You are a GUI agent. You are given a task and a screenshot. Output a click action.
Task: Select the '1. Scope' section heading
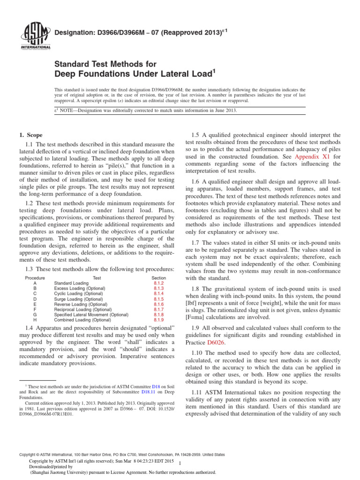(30, 135)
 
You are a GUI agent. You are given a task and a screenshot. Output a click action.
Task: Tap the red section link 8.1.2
(158, 284)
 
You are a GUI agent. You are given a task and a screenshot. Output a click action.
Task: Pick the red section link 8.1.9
(158, 320)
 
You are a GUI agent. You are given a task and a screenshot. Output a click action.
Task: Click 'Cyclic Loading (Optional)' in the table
(78, 294)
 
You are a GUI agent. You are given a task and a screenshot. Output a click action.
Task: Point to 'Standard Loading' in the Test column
(71, 284)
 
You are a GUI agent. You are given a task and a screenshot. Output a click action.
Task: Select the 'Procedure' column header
(35, 278)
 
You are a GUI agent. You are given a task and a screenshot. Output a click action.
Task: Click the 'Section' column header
(158, 278)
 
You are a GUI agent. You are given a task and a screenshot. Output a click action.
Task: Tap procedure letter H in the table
(35, 320)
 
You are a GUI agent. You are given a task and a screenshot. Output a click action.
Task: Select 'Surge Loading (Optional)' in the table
(78, 299)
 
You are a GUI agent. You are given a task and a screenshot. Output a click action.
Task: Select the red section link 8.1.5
(158, 299)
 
